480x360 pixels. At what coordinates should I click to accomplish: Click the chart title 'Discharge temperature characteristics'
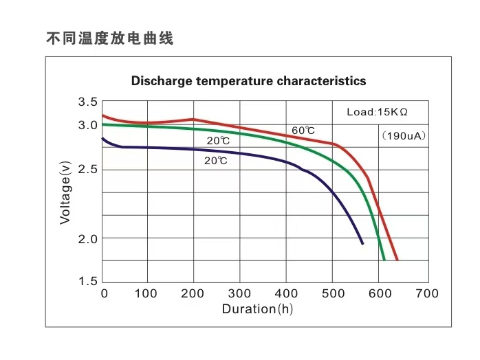(248, 81)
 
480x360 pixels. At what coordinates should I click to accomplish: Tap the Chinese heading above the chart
(110, 38)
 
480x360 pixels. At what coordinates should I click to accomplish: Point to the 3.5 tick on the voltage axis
(87, 102)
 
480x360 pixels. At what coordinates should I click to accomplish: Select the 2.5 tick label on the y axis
(87, 170)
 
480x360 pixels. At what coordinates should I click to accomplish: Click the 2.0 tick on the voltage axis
(87, 238)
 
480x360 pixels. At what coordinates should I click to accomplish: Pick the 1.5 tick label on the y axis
(87, 281)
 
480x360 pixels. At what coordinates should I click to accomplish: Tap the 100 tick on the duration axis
(146, 293)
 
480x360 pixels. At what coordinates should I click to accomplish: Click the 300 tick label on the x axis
(239, 293)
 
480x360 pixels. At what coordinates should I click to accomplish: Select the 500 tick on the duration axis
(333, 293)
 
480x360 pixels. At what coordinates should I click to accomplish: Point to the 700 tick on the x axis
(427, 293)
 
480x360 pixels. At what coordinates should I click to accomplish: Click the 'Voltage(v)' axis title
(65, 191)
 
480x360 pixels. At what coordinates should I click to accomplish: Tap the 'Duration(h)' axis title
(257, 309)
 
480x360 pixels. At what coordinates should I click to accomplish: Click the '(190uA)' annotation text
(404, 136)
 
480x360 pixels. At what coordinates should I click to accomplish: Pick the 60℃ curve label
(303, 131)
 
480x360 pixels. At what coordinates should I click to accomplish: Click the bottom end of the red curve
(397, 260)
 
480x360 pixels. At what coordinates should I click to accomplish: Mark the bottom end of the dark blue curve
(362, 243)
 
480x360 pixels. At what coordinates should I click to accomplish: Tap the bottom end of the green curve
(384, 260)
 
